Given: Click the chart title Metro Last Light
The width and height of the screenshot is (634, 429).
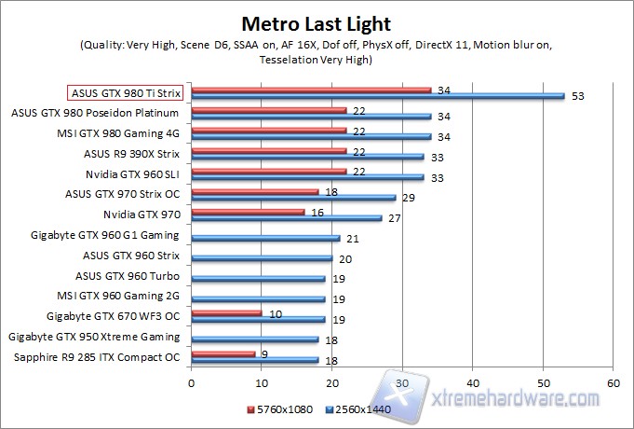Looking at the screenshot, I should tap(317, 23).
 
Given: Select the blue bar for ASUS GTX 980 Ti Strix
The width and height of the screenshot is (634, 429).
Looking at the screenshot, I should tap(377, 95).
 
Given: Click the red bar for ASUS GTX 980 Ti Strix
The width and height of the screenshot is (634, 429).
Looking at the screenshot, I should tap(311, 90).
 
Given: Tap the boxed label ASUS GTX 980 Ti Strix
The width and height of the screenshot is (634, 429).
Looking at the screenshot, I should tap(126, 93).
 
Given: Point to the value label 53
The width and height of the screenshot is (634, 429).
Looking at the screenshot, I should tap(579, 96).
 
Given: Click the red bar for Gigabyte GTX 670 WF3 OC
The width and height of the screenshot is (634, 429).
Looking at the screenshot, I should tap(226, 313).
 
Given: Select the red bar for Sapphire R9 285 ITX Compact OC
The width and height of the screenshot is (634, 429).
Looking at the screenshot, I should tap(223, 353).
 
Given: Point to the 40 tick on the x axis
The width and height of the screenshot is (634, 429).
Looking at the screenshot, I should tap(472, 382).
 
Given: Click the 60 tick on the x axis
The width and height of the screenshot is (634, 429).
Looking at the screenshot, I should tap(613, 382).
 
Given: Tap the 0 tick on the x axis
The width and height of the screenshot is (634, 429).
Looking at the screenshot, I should tap(191, 382).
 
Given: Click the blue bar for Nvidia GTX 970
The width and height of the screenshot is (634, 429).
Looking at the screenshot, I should tap(286, 217).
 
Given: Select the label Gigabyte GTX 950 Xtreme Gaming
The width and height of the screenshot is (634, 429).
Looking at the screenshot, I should tap(93, 337).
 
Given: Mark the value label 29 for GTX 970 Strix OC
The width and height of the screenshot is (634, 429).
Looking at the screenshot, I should tap(407, 198).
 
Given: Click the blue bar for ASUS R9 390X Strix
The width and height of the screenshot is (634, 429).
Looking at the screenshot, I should tap(307, 157).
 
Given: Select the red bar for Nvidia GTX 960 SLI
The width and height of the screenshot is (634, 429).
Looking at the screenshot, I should tap(268, 171).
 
